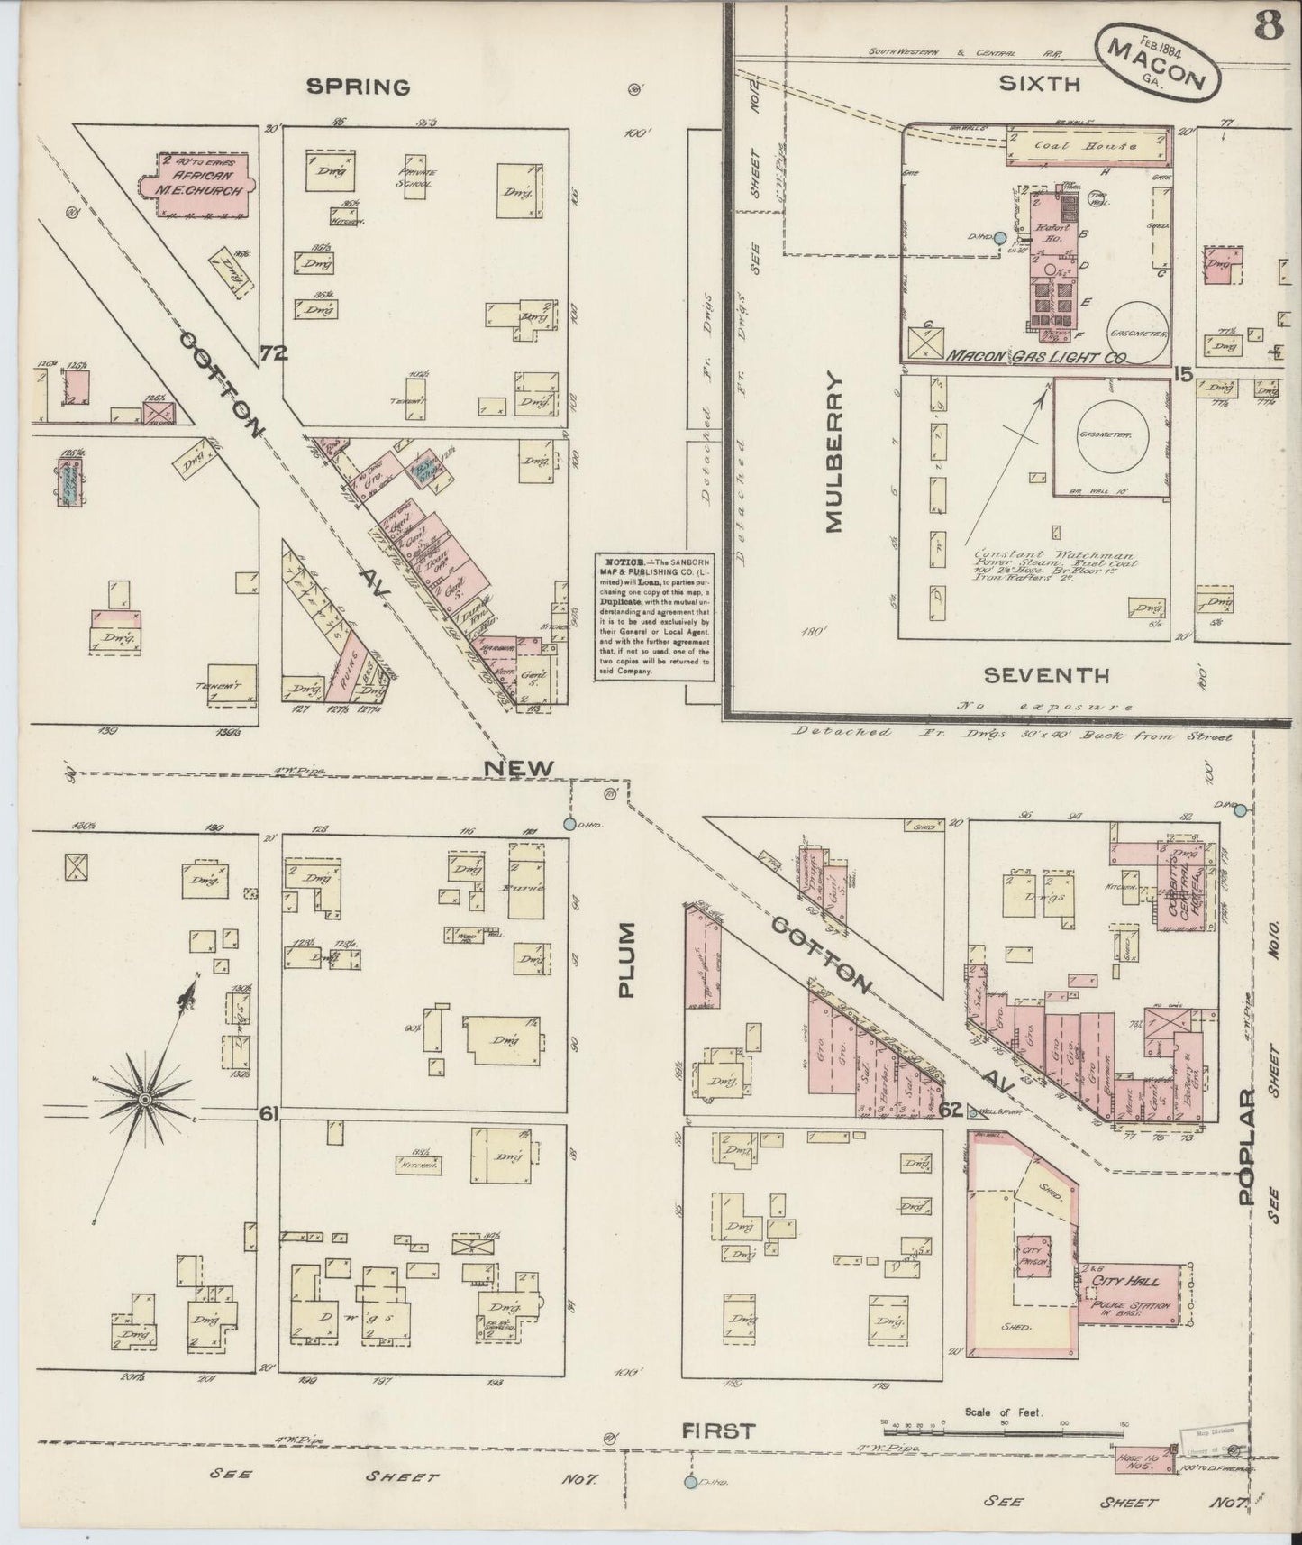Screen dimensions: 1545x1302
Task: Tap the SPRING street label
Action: click(x=358, y=87)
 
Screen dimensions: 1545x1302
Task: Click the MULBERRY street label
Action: click(x=833, y=453)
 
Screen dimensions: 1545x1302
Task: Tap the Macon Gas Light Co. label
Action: click(x=1036, y=357)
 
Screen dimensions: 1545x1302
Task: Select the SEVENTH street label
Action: click(x=1045, y=674)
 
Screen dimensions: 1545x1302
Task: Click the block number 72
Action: click(x=273, y=354)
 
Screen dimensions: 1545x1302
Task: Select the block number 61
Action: click(x=268, y=1114)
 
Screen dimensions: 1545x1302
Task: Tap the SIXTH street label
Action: click(x=1038, y=84)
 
